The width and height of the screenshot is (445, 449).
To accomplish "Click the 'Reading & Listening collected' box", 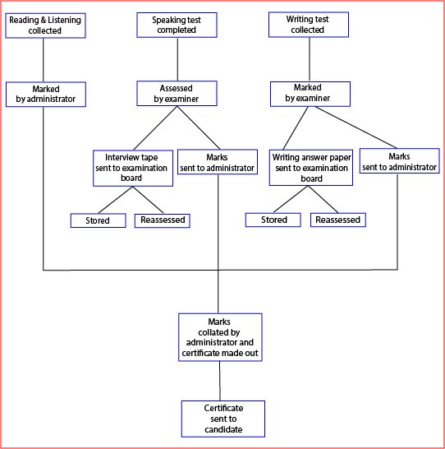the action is click(45, 25).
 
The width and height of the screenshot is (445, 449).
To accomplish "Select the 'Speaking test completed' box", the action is click(177, 25).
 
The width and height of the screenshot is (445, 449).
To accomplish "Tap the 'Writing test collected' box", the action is click(309, 25).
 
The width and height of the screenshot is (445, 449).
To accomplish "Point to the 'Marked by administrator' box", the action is click(46, 95).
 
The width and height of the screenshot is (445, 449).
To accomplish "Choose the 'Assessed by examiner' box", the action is click(177, 94).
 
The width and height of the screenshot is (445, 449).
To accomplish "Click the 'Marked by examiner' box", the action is click(310, 94).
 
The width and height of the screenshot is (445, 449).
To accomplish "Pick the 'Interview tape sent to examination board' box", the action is click(133, 168).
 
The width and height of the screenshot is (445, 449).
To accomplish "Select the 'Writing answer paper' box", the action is click(311, 168).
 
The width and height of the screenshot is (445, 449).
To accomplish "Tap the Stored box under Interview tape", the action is click(98, 220).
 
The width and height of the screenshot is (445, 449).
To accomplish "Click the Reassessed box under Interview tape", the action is click(162, 220).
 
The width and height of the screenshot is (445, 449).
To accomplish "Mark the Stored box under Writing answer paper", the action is click(273, 220).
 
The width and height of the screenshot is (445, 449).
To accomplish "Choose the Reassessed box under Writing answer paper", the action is click(338, 220).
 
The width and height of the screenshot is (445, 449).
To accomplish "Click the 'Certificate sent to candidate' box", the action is click(223, 419).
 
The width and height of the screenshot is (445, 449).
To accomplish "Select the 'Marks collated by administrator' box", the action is click(220, 337).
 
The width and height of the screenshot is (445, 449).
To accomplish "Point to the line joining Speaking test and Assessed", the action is click(177, 59).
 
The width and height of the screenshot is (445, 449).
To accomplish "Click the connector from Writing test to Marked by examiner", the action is click(310, 59).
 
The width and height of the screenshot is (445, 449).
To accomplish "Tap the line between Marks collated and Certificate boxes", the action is click(220, 381).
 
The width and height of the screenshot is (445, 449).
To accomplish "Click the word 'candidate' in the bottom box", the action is click(223, 429).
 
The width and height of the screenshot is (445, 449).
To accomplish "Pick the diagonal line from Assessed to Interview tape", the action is click(155, 128).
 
